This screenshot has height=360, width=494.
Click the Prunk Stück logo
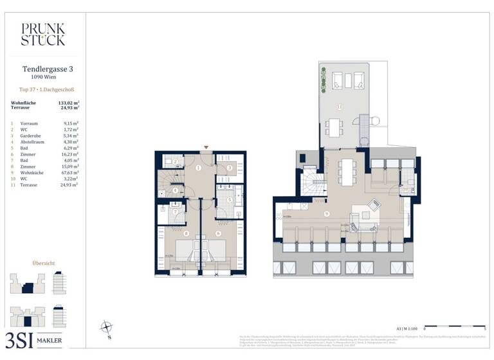coord(42,34)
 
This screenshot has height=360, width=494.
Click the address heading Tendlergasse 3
coord(42,68)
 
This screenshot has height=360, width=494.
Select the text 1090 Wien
coord(42,77)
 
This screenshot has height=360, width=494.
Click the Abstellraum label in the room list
coord(32,142)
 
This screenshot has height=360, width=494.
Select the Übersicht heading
coord(42,264)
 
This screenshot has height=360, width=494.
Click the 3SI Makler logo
coord(37,339)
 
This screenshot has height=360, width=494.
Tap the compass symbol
coord(107,328)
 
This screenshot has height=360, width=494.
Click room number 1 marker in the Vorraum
coord(199,168)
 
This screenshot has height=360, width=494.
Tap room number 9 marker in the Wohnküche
coord(327,213)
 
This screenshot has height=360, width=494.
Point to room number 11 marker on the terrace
coord(340,107)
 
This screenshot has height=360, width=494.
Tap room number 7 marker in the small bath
coord(174,211)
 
